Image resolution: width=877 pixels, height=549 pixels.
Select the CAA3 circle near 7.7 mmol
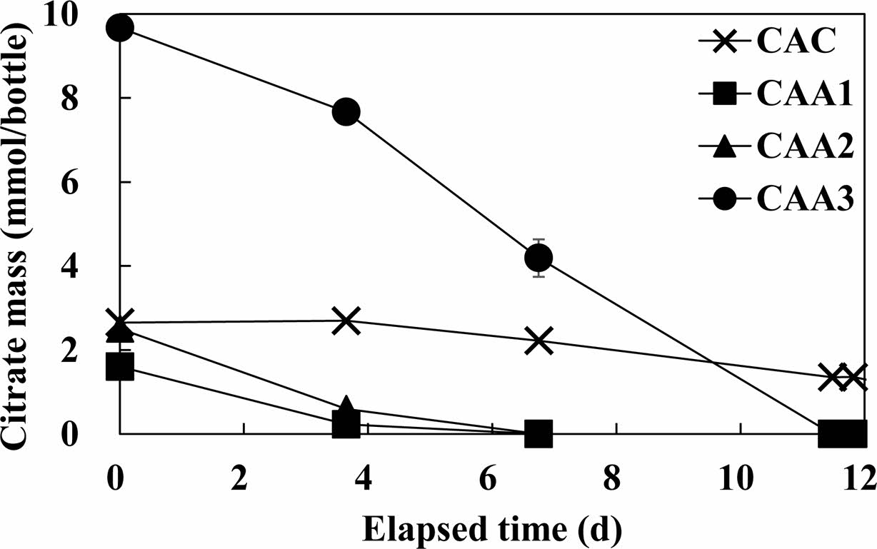(x=346, y=112)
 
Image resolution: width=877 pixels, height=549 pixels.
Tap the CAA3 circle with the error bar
(x=538, y=257)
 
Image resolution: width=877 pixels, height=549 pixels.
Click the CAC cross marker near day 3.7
(x=347, y=321)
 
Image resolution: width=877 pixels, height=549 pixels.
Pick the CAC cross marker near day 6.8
(x=538, y=341)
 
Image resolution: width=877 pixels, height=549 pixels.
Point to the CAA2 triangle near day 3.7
(x=347, y=407)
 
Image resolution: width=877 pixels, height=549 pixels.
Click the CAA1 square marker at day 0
(x=120, y=368)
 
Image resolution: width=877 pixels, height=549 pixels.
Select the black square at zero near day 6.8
(x=538, y=433)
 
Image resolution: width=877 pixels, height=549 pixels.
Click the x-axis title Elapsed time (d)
(x=491, y=529)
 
